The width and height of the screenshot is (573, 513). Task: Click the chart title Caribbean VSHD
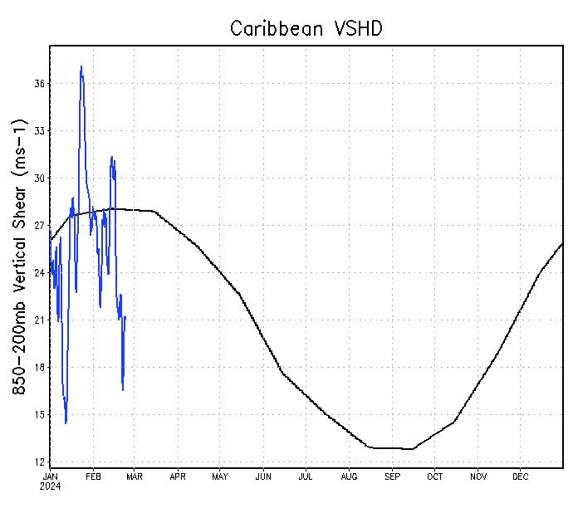[x=306, y=28]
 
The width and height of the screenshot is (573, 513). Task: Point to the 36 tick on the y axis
[x=39, y=84]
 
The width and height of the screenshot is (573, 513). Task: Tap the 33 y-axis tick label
[x=39, y=131]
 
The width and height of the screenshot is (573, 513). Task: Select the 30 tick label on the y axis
[x=39, y=178]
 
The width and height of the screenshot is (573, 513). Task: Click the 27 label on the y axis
[x=39, y=226]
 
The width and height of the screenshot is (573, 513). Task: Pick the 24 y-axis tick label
[x=39, y=273]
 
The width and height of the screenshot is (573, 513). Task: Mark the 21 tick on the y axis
[x=39, y=320]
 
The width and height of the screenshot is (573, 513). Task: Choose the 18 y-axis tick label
[x=39, y=368]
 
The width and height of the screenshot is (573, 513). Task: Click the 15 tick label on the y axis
[x=39, y=415]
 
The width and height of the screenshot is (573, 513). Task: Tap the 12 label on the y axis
[x=39, y=462]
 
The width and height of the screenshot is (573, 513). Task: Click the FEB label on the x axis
[x=92, y=477]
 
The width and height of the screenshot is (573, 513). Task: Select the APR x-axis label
[x=178, y=477]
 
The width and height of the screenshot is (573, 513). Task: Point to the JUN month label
[x=263, y=477]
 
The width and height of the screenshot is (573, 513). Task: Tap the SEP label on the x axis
[x=392, y=477]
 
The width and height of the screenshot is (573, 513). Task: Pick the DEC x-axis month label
[x=520, y=477]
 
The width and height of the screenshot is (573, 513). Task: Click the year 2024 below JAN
[x=50, y=486]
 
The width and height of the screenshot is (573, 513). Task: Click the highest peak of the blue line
[x=81, y=66]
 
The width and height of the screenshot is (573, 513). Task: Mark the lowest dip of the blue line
[x=66, y=423]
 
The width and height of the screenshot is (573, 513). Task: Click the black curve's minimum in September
[x=412, y=449]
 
